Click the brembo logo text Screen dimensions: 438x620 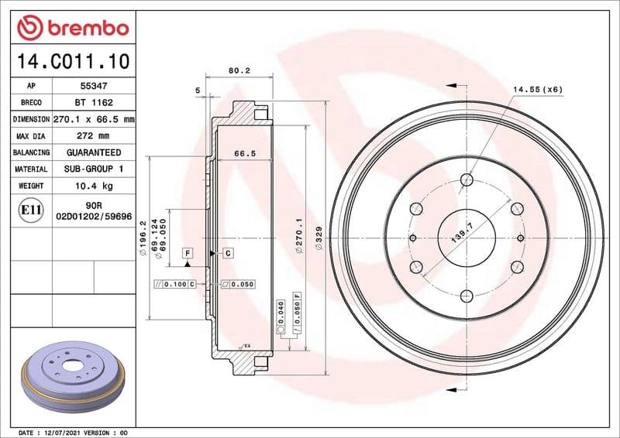pos(84,28)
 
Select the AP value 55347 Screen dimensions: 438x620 pos(94,86)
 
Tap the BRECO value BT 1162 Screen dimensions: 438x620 pos(94,103)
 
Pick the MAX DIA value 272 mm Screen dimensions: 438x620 pos(94,136)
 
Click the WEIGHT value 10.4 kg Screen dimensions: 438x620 pos(94,186)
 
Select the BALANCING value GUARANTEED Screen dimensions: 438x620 pos(94,152)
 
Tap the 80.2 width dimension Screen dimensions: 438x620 pos(239,70)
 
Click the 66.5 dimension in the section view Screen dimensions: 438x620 pos(245,154)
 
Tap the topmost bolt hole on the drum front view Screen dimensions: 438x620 pos(467,180)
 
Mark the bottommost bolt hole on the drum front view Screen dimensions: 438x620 pos(467,296)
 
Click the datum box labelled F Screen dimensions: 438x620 pos(188,253)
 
